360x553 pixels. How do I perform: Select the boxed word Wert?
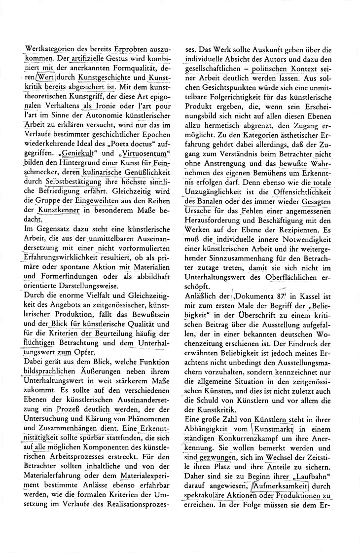(44, 77)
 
